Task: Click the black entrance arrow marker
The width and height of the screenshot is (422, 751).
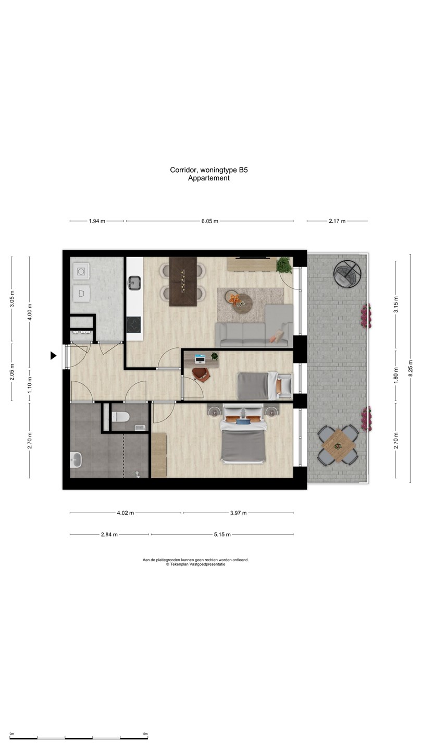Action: point(53,356)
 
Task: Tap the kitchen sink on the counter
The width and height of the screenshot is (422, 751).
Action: point(134,283)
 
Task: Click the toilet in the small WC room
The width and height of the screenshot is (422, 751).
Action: point(121,416)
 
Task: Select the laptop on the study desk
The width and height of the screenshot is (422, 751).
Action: point(201,358)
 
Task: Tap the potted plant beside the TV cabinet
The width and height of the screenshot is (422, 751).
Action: point(284,264)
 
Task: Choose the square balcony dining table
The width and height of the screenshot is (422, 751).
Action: point(338,445)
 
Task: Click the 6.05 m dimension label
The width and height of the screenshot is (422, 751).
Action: point(209,221)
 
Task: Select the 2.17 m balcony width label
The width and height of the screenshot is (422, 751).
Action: point(337,221)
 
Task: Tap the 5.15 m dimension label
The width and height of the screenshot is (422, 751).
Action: point(222,535)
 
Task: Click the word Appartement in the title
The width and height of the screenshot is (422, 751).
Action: point(209,178)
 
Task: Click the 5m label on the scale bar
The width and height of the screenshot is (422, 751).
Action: point(145,734)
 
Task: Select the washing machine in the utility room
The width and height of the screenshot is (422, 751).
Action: point(82,271)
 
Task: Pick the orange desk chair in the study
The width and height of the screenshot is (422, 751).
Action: point(201,373)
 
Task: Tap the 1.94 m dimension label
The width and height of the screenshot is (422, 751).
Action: point(97,221)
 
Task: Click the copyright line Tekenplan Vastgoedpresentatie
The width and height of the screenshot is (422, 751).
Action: point(196,564)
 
